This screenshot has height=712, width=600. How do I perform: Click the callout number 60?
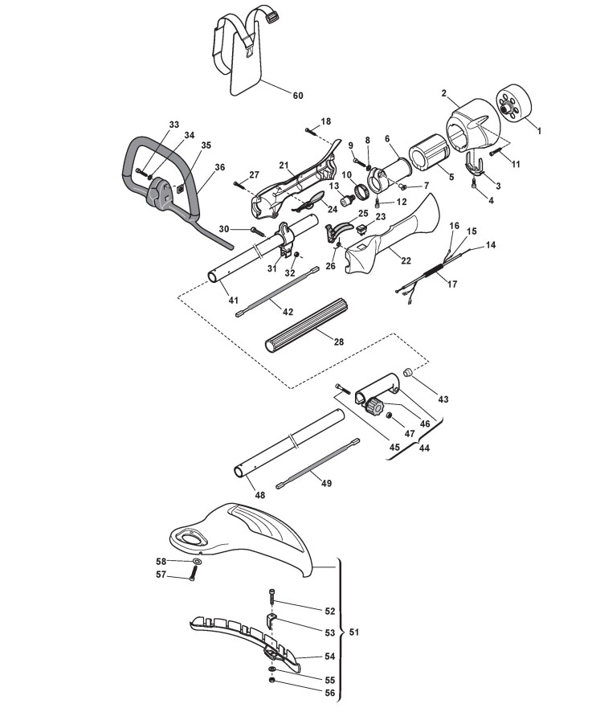pyautogui.click(x=298, y=96)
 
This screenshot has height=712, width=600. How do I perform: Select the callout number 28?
pyautogui.click(x=339, y=342)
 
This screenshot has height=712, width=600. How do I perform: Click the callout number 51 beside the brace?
pyautogui.click(x=354, y=632)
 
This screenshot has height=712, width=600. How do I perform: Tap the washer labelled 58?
pyautogui.click(x=197, y=562)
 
